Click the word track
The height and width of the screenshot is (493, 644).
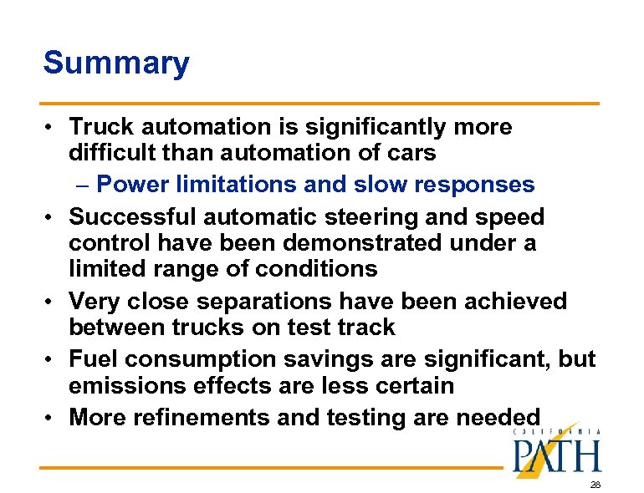click(361, 327)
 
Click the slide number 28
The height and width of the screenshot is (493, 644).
click(595, 485)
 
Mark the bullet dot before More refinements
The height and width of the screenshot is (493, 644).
click(52, 416)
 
